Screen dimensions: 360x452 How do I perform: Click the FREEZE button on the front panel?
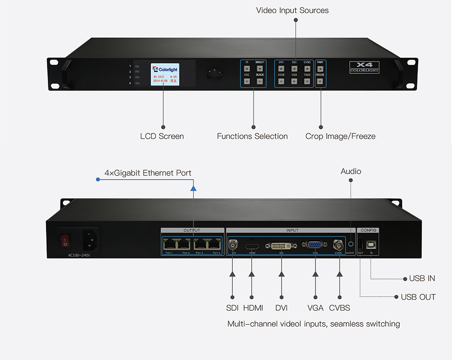pyautogui.click(x=320, y=81)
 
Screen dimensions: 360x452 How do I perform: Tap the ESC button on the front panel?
pyautogui.click(x=247, y=81)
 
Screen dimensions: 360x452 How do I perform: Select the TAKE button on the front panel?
pyautogui.click(x=307, y=81)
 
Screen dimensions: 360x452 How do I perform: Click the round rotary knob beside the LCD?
pyautogui.click(x=214, y=76)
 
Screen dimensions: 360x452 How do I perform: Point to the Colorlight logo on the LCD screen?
pyautogui.click(x=165, y=69)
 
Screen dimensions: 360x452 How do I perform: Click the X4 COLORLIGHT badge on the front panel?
pyautogui.click(x=364, y=67)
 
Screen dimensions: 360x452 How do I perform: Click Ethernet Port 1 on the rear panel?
pyautogui.click(x=170, y=244)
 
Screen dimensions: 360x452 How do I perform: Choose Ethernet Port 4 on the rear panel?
pyautogui.click(x=213, y=244)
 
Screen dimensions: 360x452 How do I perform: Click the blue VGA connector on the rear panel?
pyautogui.click(x=315, y=245)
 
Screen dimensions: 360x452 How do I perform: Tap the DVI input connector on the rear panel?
pyautogui.click(x=281, y=246)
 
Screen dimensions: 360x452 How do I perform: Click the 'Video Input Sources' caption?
pyautogui.click(x=292, y=10)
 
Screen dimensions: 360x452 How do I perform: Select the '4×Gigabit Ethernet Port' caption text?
pyautogui.click(x=148, y=173)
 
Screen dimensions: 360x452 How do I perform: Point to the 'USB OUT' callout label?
pyautogui.click(x=418, y=297)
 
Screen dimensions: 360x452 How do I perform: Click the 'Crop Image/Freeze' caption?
pyautogui.click(x=340, y=136)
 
